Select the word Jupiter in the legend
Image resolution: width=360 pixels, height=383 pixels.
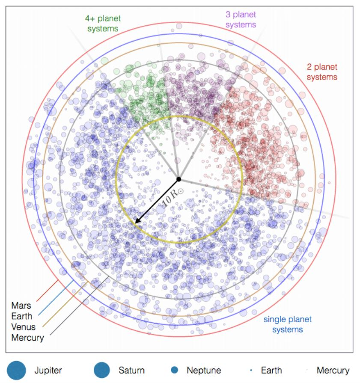pos(48,370)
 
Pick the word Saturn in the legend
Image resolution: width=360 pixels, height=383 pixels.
pos(131,370)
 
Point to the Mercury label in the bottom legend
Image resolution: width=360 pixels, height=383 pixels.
pos(333,370)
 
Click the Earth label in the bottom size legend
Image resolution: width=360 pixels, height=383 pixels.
pos(272,370)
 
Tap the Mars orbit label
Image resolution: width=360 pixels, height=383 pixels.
pos(21,306)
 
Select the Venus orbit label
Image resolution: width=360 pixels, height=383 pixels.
pos(24,327)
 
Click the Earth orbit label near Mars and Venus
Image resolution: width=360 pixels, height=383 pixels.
pos(21,317)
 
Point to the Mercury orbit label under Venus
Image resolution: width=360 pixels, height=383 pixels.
pos(28,338)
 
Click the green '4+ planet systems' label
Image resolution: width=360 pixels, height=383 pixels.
pos(101,24)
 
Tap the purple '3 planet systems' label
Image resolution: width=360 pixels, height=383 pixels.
pos(241,20)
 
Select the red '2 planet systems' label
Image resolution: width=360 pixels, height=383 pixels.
pos(322,72)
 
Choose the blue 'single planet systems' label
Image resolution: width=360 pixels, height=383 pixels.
pos(287,324)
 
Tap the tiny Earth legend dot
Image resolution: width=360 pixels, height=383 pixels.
pos(251,370)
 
